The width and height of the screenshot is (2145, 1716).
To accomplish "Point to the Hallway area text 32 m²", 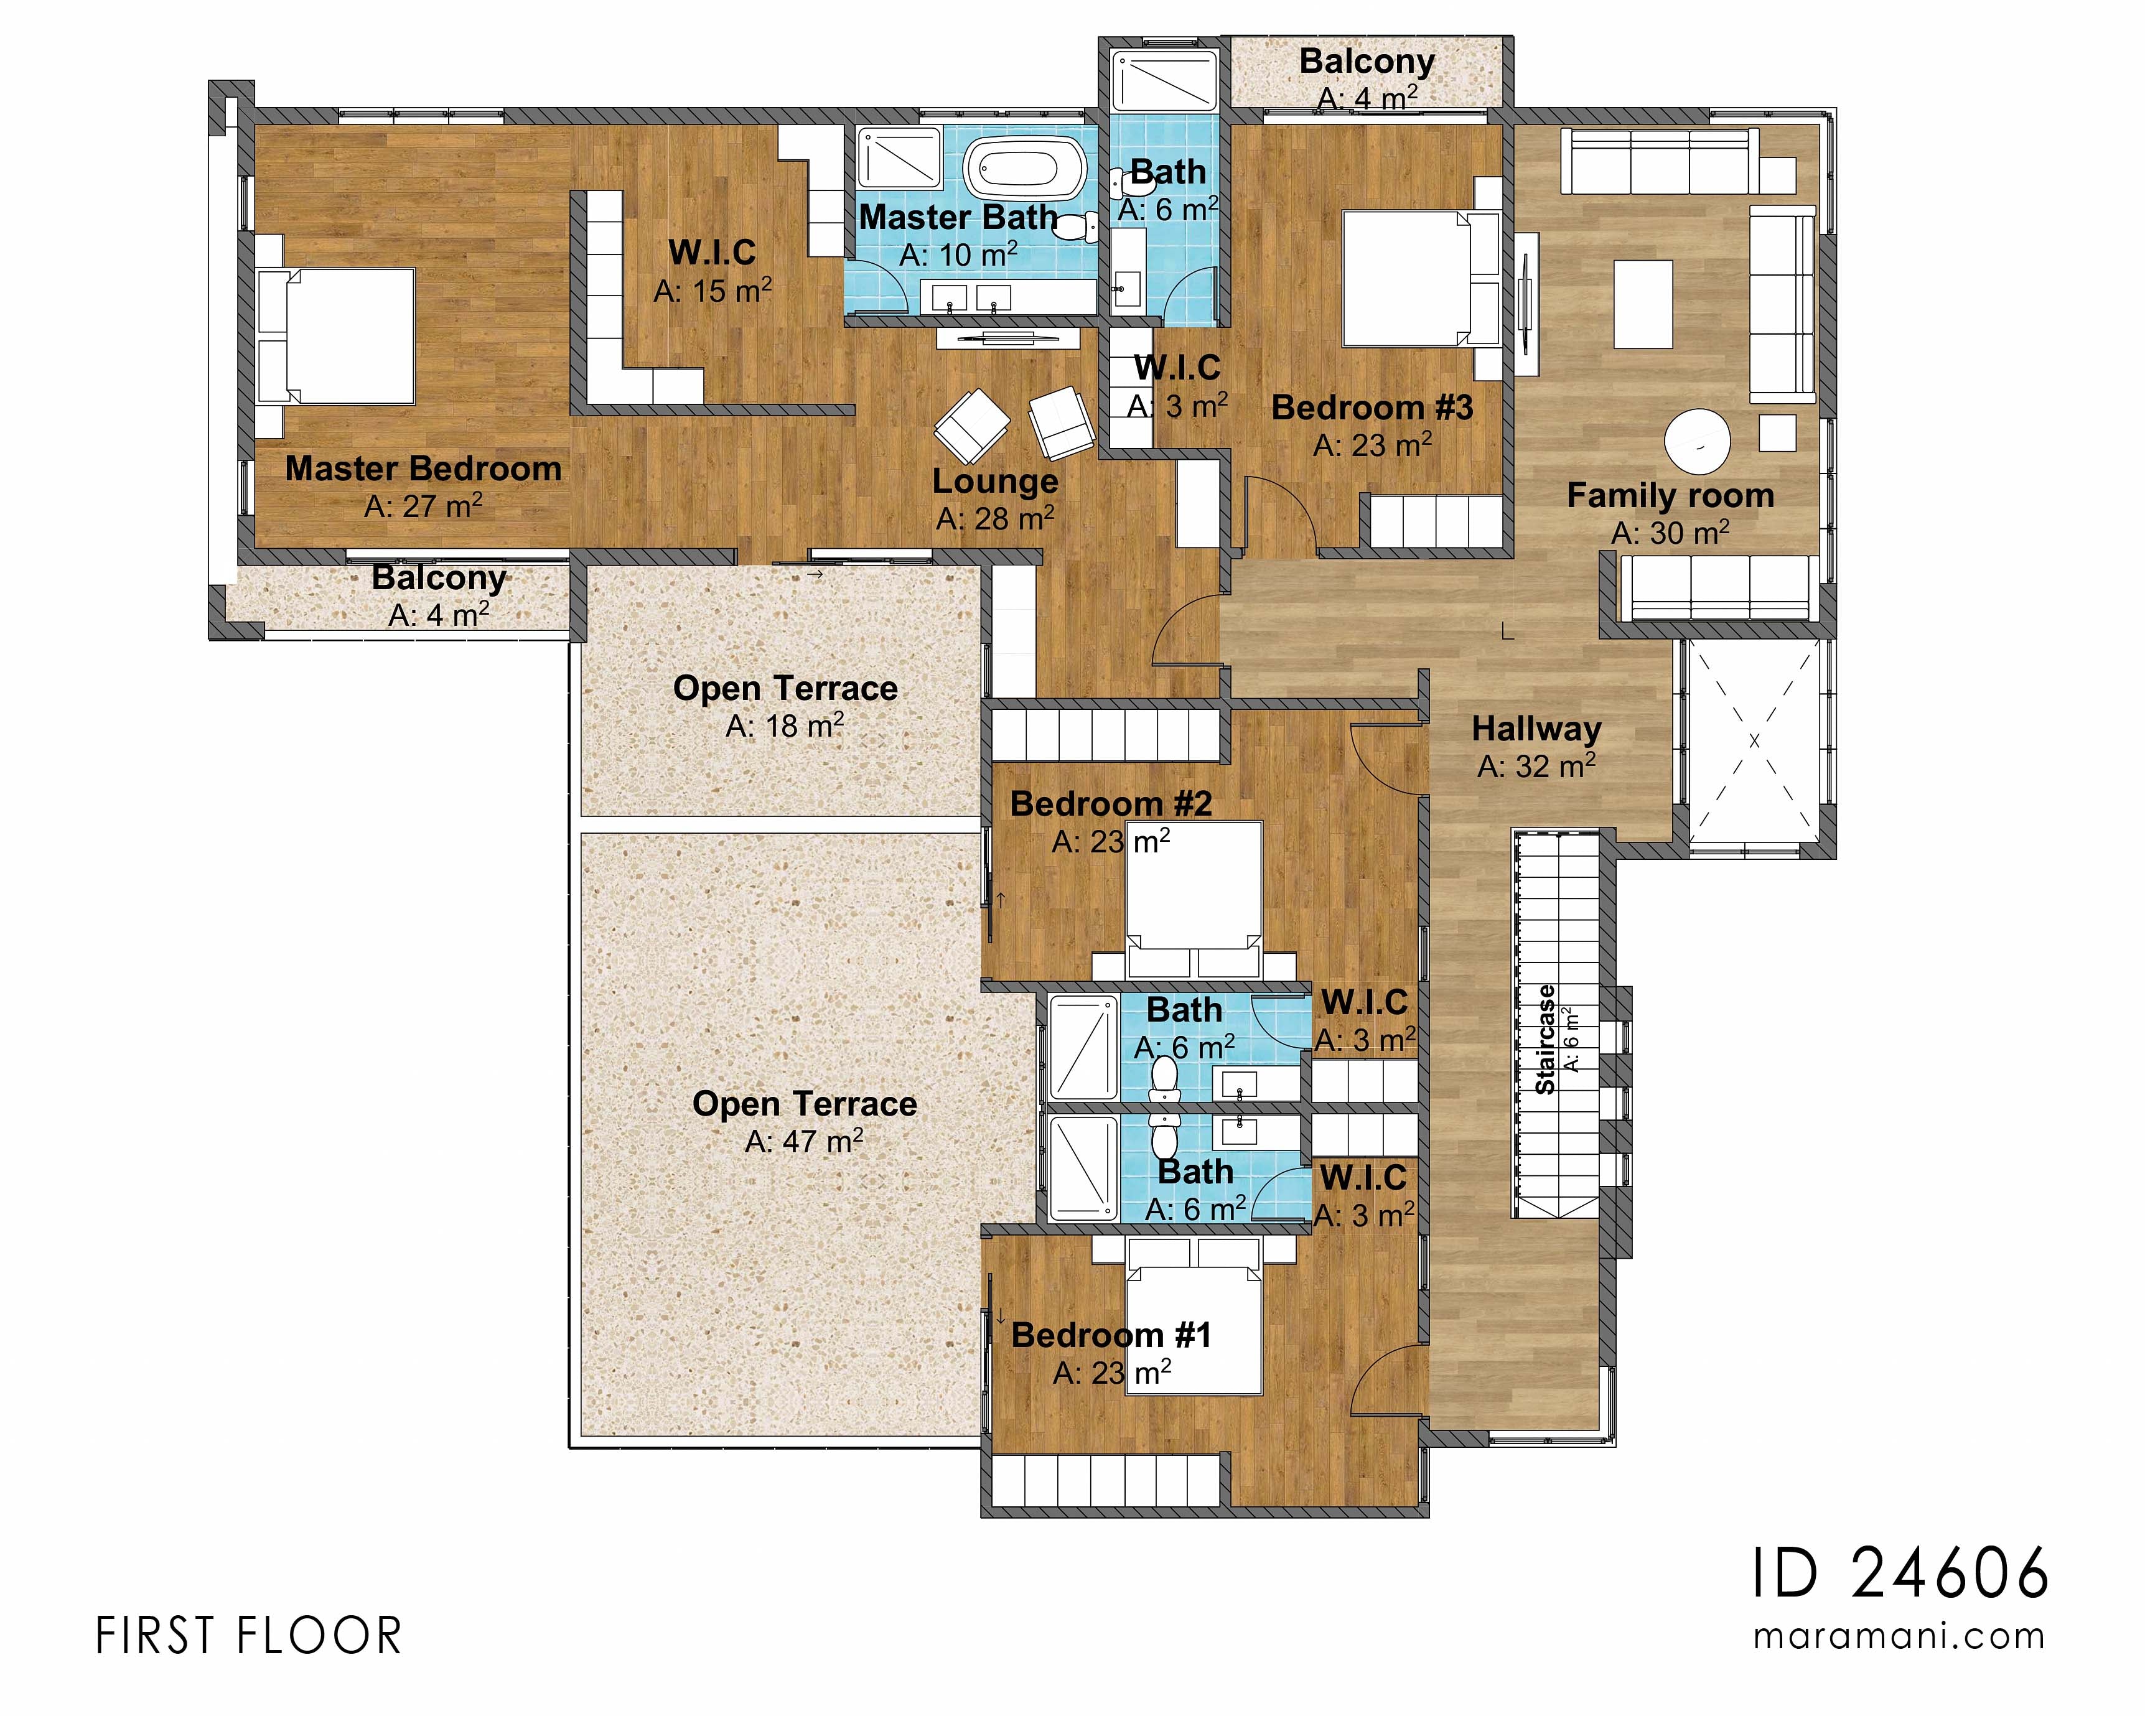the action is (1536, 766).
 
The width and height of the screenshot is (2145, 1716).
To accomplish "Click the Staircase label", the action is (1545, 1040).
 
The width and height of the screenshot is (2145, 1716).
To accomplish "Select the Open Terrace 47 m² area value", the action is (804, 1141).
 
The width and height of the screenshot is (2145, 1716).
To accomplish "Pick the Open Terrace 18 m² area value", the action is (785, 726).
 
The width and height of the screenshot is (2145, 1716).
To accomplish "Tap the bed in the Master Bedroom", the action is (336, 336).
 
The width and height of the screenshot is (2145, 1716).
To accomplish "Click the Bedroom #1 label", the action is (1111, 1335).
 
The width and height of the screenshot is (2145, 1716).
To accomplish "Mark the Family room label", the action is (1670, 495).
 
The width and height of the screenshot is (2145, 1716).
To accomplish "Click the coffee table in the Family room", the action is (1643, 304).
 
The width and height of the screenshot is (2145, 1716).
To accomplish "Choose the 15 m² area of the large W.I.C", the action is (713, 291).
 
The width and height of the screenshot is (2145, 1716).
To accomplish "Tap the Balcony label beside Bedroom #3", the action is (1367, 62).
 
